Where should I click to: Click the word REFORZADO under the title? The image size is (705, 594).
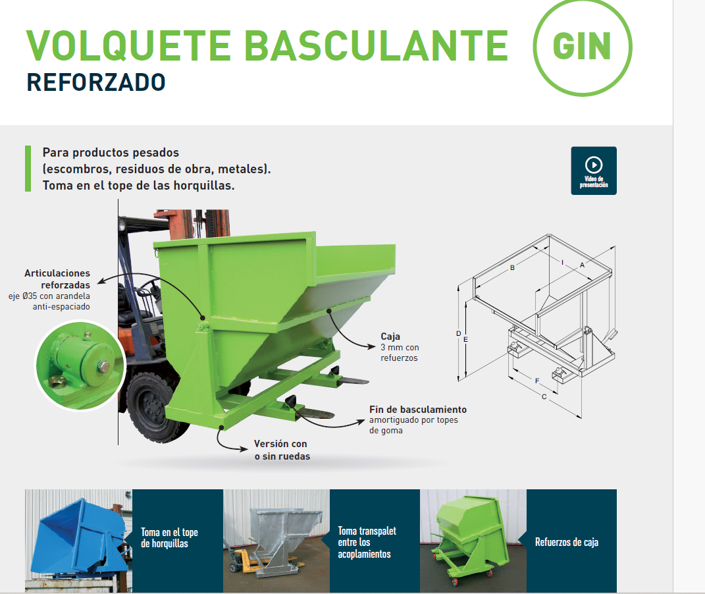pyautogui.click(x=96, y=82)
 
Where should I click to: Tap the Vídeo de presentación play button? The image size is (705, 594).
pyautogui.click(x=594, y=171)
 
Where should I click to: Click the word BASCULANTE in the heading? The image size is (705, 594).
pyautogui.click(x=377, y=45)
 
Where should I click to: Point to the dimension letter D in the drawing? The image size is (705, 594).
pyautogui.click(x=458, y=334)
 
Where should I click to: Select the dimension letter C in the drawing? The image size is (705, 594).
pyautogui.click(x=544, y=396)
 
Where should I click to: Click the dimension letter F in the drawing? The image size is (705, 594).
pyautogui.click(x=537, y=381)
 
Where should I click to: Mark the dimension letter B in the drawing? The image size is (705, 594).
pyautogui.click(x=512, y=267)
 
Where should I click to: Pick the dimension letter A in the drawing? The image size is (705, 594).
pyautogui.click(x=583, y=265)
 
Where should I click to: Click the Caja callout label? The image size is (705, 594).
pyautogui.click(x=390, y=337)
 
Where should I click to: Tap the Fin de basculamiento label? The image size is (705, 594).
pyautogui.click(x=418, y=410)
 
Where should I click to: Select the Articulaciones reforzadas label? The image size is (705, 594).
pyautogui.click(x=57, y=279)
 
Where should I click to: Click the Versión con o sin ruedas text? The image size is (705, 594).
pyautogui.click(x=282, y=450)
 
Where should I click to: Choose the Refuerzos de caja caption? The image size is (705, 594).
pyautogui.click(x=567, y=542)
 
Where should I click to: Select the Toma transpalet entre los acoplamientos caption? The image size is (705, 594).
pyautogui.click(x=367, y=542)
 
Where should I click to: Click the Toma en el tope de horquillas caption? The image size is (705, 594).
pyautogui.click(x=170, y=538)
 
